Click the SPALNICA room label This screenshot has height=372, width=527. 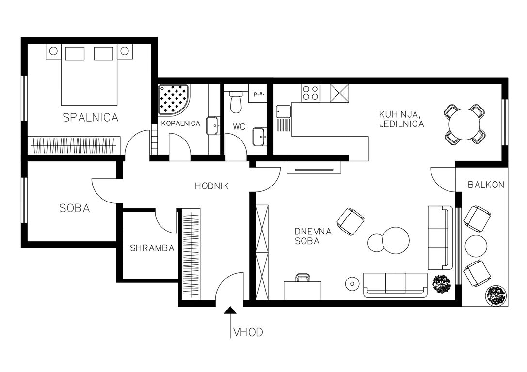(x=91, y=118)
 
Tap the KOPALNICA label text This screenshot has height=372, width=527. (x=180, y=124)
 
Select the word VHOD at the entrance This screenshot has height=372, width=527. (x=248, y=332)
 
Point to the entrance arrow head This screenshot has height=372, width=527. (x=230, y=310)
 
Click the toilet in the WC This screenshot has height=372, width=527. (x=236, y=102)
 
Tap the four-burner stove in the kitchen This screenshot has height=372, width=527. (x=311, y=93)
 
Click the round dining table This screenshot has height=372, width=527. (x=465, y=124)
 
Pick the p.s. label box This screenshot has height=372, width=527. (x=258, y=93)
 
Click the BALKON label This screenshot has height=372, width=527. (x=486, y=185)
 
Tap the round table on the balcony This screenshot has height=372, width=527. (x=476, y=246)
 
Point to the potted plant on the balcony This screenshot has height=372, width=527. (x=496, y=296)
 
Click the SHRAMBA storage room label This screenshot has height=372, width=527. (x=152, y=248)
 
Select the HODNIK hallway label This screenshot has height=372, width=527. (x=212, y=186)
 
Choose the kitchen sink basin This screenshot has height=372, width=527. (x=283, y=111)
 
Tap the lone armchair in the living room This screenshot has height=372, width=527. (x=351, y=221)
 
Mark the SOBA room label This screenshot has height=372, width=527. (x=75, y=208)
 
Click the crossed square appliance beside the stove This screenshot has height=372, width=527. (x=339, y=93)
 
